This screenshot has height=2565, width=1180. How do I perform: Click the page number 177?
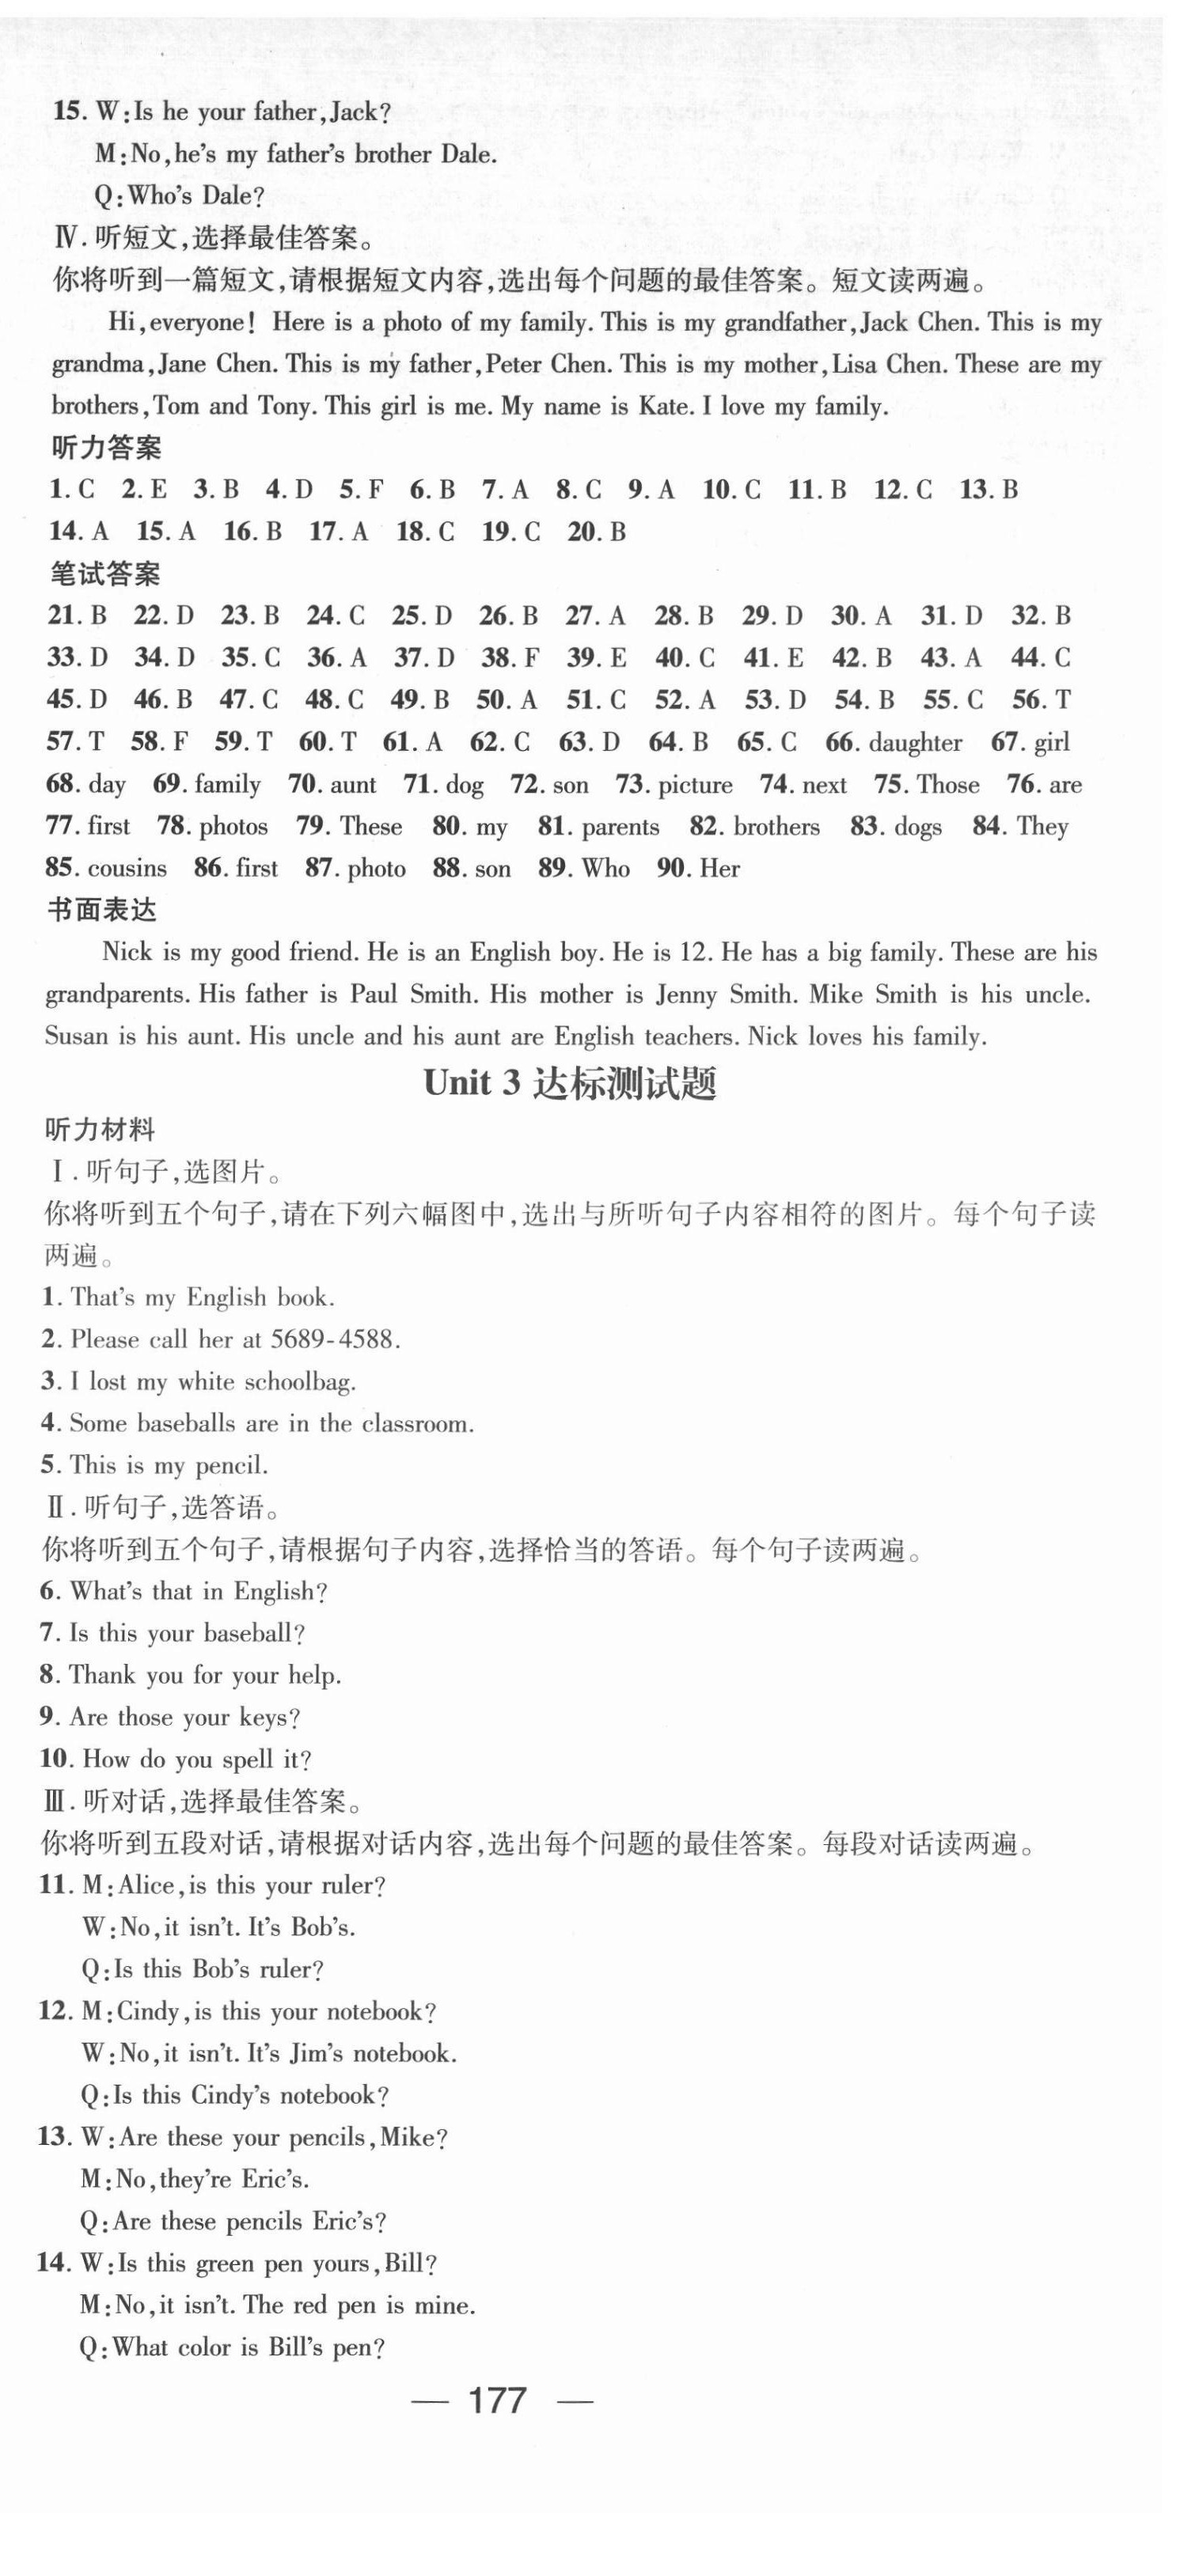coord(497,2400)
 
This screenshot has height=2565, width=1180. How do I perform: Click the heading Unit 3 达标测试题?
coord(570,1083)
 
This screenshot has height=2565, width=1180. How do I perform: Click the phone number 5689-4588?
coord(334,1340)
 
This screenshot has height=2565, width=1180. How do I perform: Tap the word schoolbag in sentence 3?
coord(300,1382)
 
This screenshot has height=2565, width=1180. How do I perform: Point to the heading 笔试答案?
coord(104,574)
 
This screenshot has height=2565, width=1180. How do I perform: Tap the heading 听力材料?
coord(100,1130)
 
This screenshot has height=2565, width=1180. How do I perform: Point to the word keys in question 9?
coord(267,1718)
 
